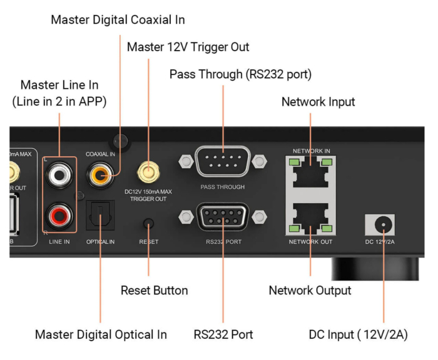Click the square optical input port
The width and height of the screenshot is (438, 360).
pyautogui.click(x=100, y=215)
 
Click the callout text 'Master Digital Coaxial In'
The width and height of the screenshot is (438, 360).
pyautogui.click(x=118, y=19)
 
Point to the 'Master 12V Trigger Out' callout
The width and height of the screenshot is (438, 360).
pyautogui.click(x=188, y=47)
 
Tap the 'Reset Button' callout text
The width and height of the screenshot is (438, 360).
pyautogui.click(x=154, y=291)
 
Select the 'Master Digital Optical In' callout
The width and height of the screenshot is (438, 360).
pyautogui.click(x=101, y=334)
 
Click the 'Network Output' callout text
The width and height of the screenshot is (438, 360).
pyautogui.click(x=310, y=291)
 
